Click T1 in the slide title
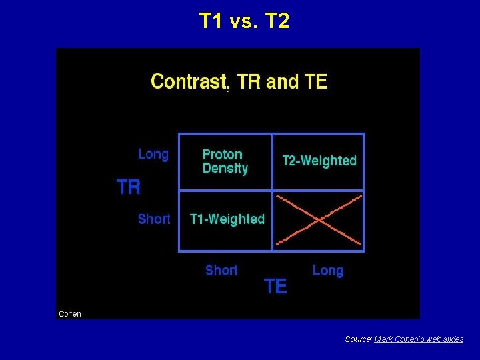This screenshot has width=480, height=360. [211, 21]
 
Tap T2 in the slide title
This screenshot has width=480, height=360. [277, 21]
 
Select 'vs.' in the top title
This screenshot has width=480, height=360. [244, 21]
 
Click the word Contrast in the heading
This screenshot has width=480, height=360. [189, 82]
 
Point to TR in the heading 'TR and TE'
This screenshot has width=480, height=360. [249, 82]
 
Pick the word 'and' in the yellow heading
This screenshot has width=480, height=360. [281, 82]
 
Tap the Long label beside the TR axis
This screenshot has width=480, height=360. [153, 154]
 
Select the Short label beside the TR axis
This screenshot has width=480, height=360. [154, 219]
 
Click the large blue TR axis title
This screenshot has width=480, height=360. [129, 187]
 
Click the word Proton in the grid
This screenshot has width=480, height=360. [222, 154]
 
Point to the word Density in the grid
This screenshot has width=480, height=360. [225, 168]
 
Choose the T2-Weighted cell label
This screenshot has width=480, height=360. [319, 161]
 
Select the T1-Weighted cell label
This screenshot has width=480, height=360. [227, 219]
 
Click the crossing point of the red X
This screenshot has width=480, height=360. [319, 220]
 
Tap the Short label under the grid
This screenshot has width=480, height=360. [221, 270]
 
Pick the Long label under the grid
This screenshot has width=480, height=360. [328, 270]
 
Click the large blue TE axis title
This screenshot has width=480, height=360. [275, 287]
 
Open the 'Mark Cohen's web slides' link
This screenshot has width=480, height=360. [419, 339]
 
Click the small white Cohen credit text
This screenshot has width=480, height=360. [70, 313]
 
